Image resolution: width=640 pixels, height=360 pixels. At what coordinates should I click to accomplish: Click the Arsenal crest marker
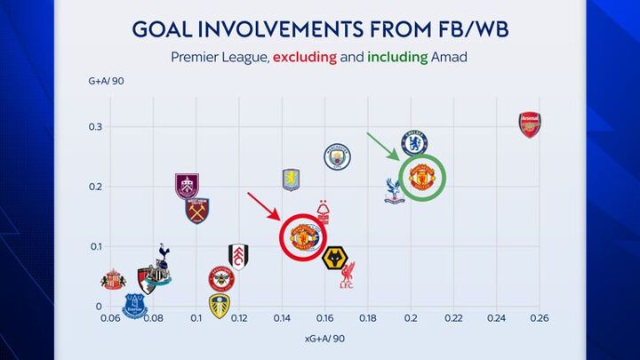tap(530, 124)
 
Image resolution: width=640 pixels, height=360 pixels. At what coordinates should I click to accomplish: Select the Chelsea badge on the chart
tap(414, 142)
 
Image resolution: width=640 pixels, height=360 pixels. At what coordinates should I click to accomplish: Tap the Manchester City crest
tap(338, 156)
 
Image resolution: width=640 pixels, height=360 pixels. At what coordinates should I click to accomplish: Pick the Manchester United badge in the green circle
tap(421, 178)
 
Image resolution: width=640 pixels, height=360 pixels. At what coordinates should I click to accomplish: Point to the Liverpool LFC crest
tap(348, 276)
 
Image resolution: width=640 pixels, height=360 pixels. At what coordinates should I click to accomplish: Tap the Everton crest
tap(135, 306)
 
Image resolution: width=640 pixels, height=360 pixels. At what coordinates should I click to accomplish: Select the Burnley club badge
tap(187, 186)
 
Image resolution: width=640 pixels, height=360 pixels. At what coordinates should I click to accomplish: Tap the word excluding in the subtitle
tap(305, 59)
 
